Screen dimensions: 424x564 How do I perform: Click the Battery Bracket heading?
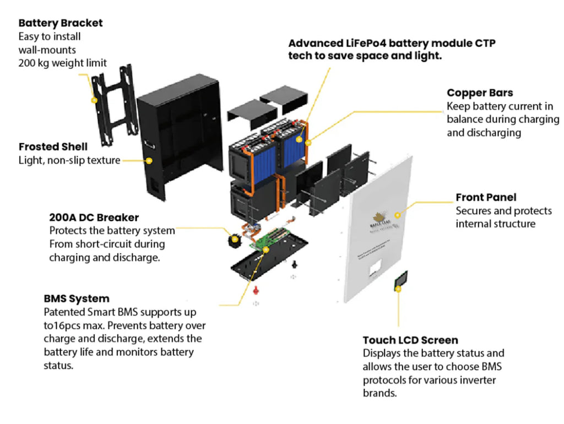click(x=61, y=23)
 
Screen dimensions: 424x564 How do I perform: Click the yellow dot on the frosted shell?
click(x=149, y=161)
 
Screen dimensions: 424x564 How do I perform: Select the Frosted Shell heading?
click(x=53, y=147)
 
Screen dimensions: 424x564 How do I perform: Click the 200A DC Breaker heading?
click(x=94, y=218)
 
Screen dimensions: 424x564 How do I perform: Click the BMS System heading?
click(x=77, y=298)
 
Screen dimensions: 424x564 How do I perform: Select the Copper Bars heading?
click(x=480, y=93)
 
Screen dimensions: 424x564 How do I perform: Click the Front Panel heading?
click(x=486, y=197)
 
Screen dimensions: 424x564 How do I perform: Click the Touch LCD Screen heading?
click(x=410, y=340)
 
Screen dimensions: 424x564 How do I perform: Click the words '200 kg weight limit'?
click(x=63, y=63)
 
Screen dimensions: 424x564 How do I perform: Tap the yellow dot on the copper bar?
click(x=307, y=142)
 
